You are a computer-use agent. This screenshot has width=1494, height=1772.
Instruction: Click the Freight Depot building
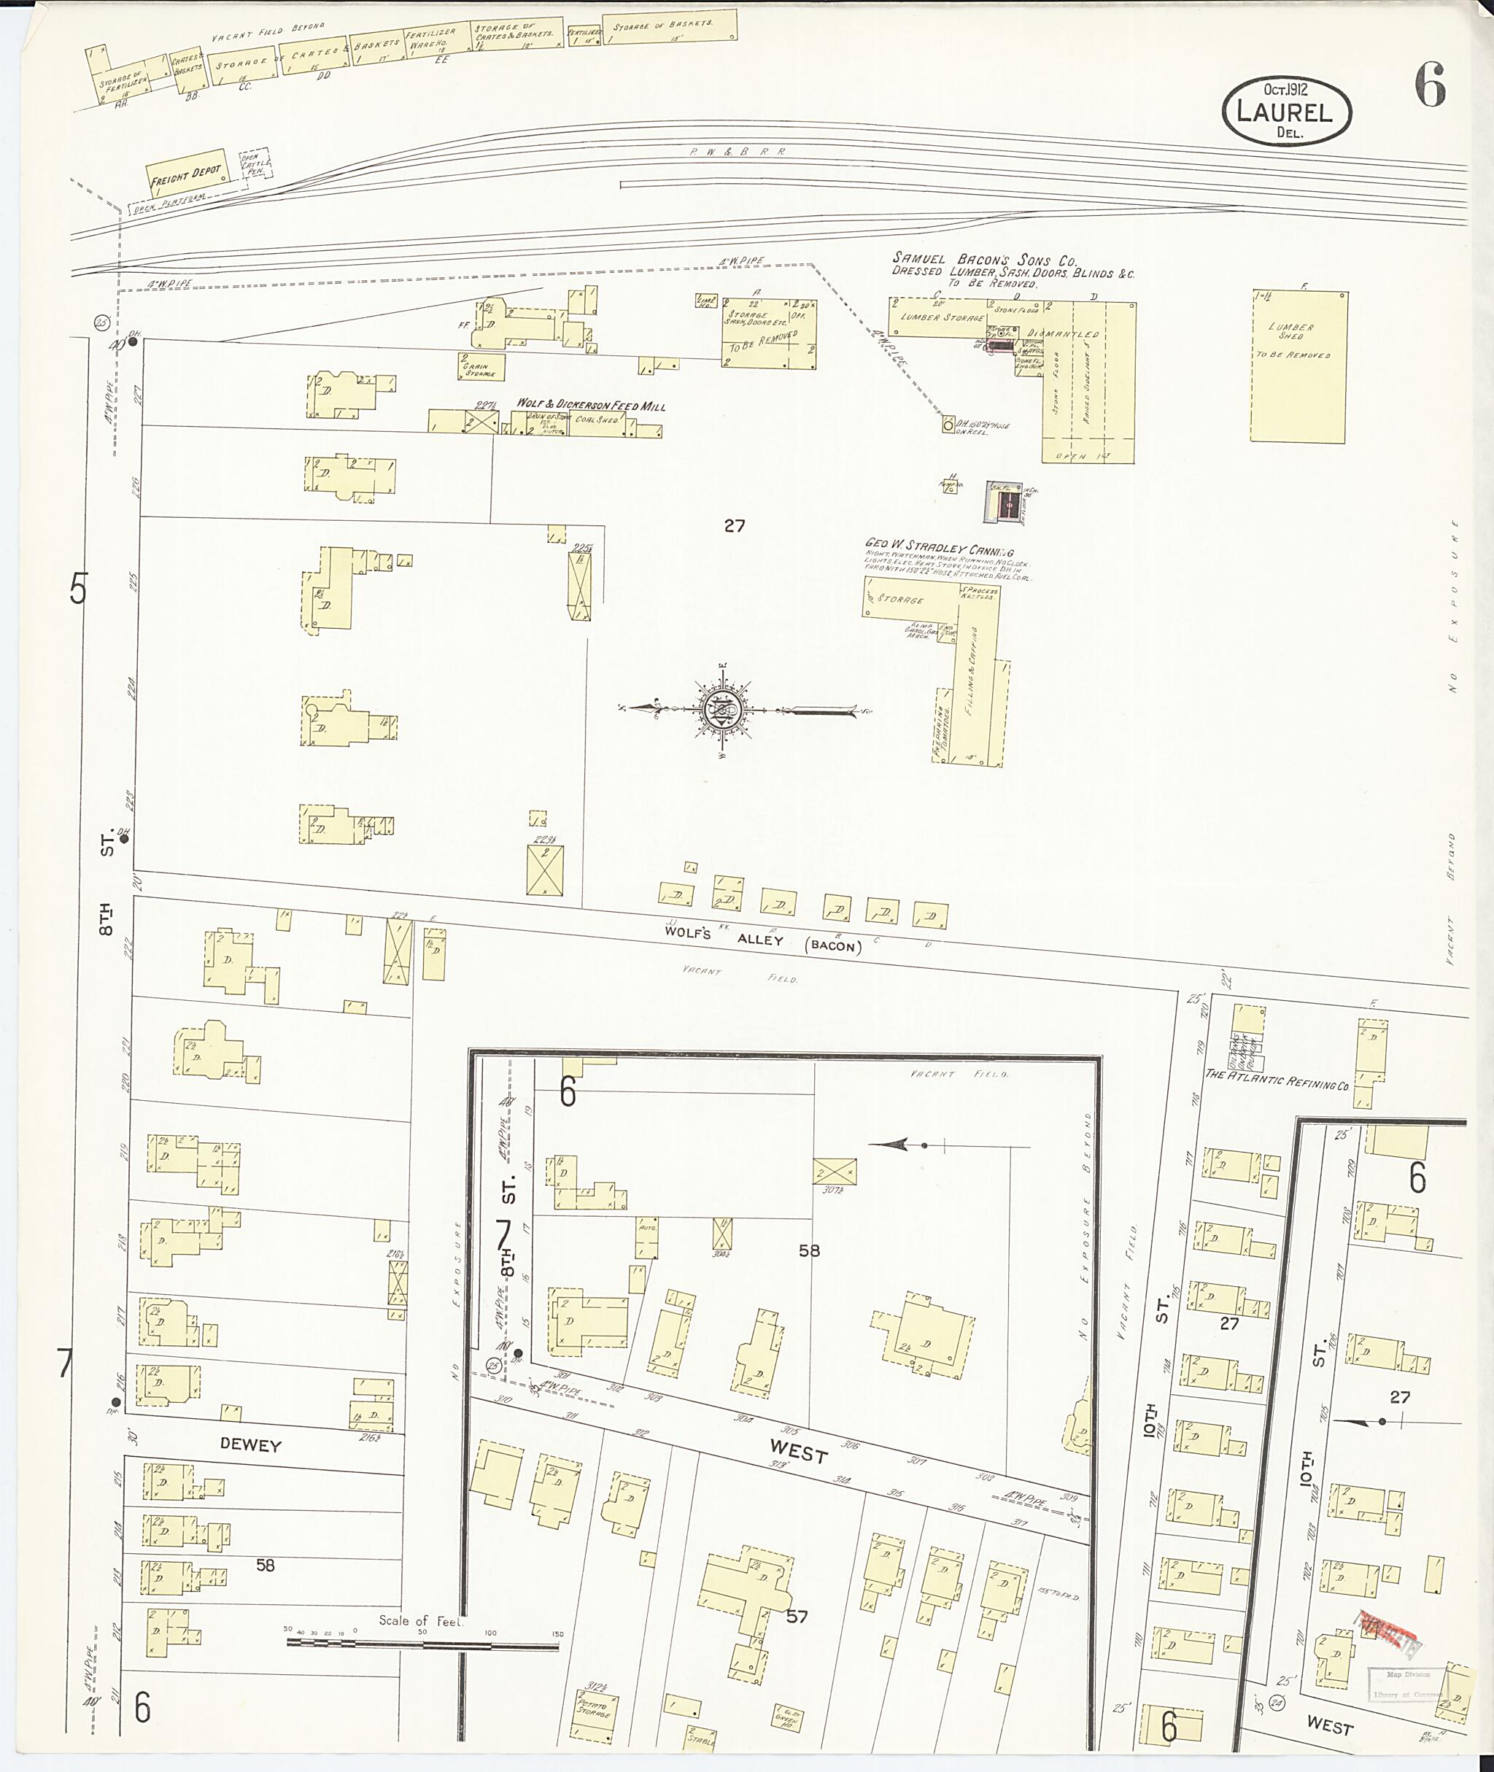click(185, 175)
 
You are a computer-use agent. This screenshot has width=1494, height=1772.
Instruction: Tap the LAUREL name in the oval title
click(1285, 112)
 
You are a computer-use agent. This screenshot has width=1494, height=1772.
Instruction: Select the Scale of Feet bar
click(422, 1645)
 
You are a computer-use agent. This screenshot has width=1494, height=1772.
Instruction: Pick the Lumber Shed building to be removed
click(1298, 366)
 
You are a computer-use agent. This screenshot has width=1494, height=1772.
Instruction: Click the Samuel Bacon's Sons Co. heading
click(984, 260)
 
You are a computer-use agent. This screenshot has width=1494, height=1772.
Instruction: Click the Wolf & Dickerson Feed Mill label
click(591, 405)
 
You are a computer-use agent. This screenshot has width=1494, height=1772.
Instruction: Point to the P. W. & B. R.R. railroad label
click(737, 152)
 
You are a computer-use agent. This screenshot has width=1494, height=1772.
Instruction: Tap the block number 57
click(797, 1616)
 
